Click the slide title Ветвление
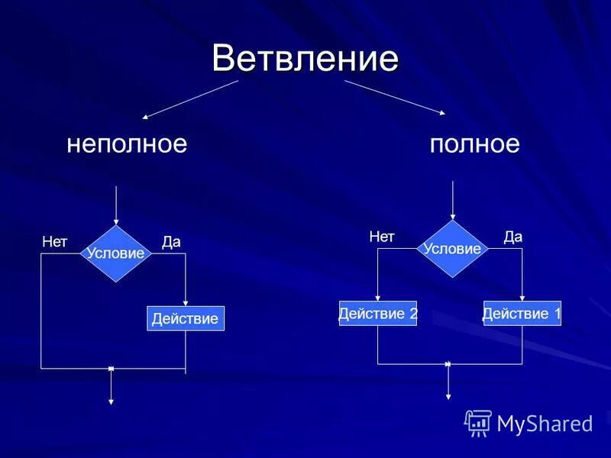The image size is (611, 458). [305, 58]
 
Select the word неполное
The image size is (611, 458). [127, 144]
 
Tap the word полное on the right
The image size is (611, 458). [474, 144]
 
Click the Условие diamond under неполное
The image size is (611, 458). [116, 253]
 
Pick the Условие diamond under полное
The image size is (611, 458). [453, 249]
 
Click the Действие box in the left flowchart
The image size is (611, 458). [186, 318]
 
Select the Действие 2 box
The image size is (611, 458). [378, 314]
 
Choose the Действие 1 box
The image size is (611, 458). [522, 314]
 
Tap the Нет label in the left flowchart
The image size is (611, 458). [55, 242]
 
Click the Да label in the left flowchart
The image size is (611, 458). [171, 242]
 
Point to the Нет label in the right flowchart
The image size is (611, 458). [382, 237]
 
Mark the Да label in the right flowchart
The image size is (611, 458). [513, 237]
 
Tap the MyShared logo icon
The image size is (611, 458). [478, 422]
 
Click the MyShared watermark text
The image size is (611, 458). [545, 424]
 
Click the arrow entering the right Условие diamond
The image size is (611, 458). [454, 200]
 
